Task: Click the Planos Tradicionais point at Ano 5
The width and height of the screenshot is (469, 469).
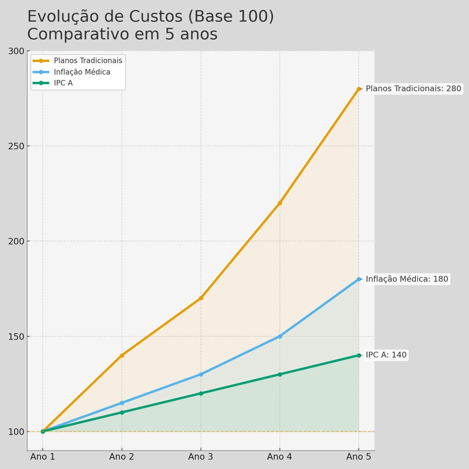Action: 359,89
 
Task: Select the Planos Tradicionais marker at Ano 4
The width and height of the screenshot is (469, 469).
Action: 280,203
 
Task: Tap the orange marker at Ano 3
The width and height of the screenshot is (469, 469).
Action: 201,298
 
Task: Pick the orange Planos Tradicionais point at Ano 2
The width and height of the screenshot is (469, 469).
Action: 122,355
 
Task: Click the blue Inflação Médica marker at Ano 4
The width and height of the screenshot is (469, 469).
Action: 280,336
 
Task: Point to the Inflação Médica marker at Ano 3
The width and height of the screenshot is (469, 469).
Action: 201,374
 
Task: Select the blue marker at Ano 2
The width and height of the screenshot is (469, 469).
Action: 122,403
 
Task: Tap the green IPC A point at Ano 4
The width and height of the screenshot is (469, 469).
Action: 280,374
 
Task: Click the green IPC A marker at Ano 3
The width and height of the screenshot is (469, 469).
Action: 201,393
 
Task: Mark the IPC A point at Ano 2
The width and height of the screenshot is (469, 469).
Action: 122,412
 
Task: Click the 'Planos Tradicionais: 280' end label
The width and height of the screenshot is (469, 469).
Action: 413,89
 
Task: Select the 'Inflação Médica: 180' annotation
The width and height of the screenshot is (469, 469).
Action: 407,279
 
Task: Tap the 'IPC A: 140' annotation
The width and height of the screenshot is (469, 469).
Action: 386,355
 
